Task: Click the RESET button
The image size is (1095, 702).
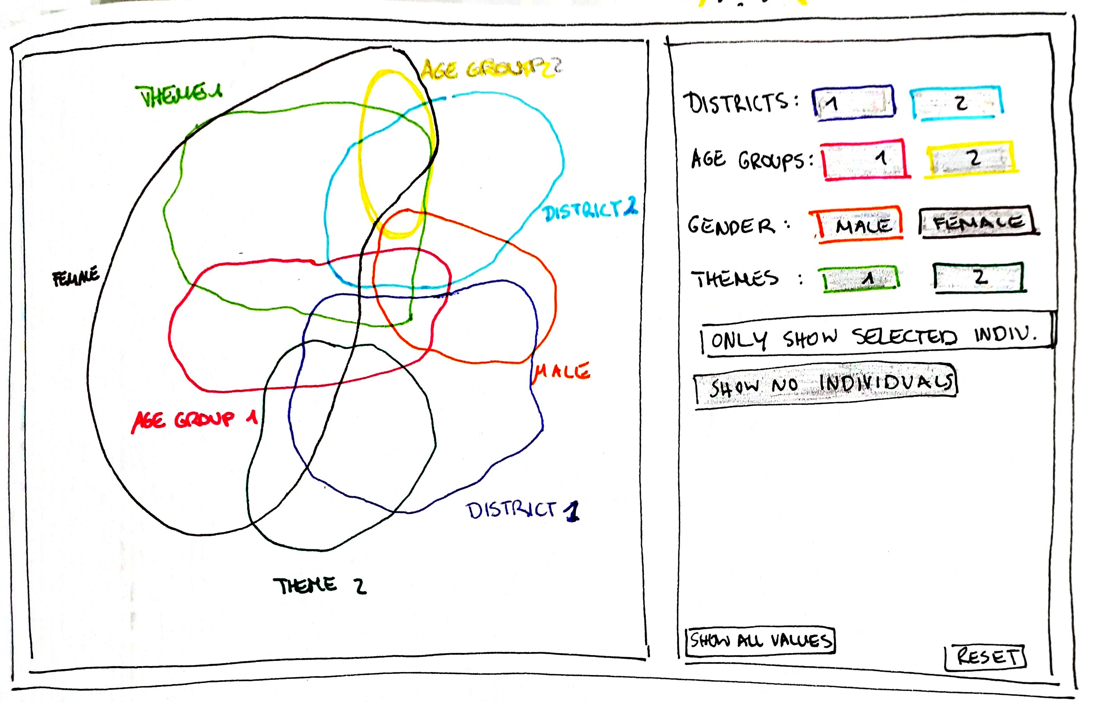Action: [x=985, y=657]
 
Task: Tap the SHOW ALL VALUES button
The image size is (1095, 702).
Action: [x=760, y=641]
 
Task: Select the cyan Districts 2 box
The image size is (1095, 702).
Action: [x=956, y=103]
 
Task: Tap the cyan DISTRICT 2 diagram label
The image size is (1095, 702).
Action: [x=590, y=211]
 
